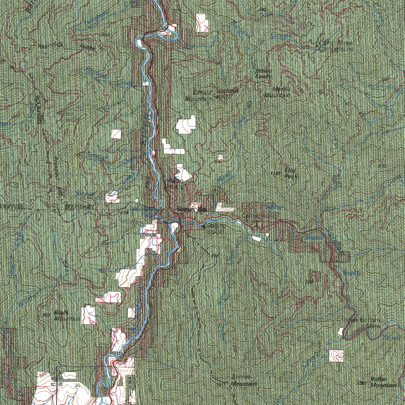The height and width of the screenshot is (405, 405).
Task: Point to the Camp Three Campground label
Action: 336,46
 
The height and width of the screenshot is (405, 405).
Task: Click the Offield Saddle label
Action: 263,74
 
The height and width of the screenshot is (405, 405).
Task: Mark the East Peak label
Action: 290,173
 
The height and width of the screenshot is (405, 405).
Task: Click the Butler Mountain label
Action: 378,382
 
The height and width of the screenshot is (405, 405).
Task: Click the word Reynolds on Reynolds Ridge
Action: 51,45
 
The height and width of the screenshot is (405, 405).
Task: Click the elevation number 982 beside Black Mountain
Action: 46,315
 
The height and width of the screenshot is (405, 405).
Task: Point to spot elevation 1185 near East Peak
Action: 276,174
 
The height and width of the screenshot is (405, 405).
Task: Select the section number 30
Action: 77,385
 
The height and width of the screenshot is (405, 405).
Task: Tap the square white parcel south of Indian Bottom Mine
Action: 336,356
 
